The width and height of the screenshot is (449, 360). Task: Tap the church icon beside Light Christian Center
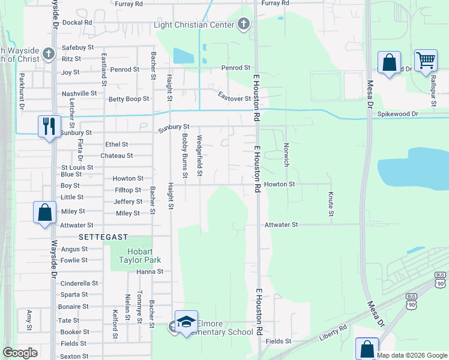(x=244, y=25)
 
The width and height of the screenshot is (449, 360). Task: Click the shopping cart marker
(x=425, y=60)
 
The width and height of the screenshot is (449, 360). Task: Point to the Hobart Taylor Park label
(x=136, y=256)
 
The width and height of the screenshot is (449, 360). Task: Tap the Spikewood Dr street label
(x=397, y=113)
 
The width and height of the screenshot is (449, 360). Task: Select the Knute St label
(x=331, y=204)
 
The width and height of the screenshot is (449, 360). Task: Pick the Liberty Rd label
(x=333, y=333)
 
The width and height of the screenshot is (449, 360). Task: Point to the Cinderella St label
(x=79, y=283)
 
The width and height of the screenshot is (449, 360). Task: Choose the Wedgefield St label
(x=200, y=157)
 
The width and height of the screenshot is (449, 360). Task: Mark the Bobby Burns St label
(x=185, y=155)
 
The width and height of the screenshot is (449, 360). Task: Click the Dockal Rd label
(x=77, y=22)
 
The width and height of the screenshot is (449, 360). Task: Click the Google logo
(x=20, y=353)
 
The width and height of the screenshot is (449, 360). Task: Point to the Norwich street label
(x=286, y=154)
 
